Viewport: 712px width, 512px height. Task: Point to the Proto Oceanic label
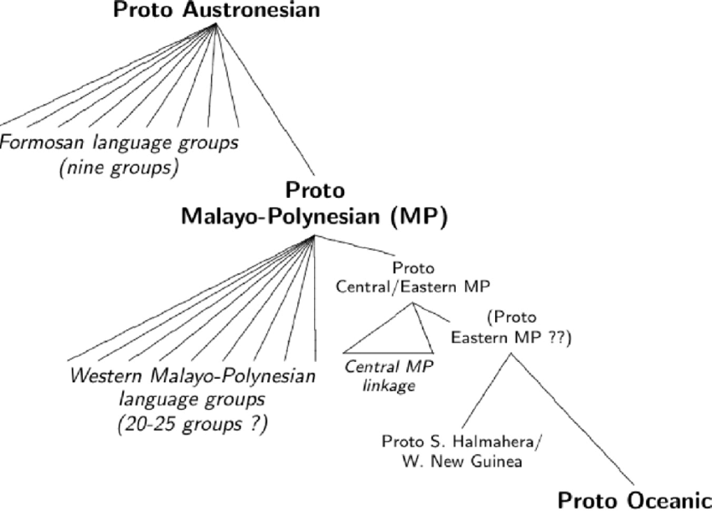[x=635, y=499]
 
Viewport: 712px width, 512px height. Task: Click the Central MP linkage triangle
[x=394, y=335]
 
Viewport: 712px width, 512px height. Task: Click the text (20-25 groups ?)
[x=192, y=424]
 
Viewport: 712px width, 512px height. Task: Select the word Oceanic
[x=670, y=499]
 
